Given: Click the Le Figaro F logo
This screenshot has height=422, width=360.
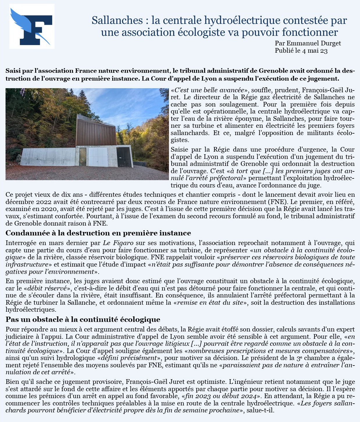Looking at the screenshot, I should point(32,26).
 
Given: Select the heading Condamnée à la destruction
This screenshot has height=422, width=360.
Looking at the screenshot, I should point(98,233).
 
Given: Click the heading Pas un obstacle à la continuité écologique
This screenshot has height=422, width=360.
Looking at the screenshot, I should point(83,320).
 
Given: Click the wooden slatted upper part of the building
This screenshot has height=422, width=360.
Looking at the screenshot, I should point(96,130).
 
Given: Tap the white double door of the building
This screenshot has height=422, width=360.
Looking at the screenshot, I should point(98,157).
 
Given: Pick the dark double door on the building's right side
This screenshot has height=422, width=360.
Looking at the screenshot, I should point(123,157).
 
